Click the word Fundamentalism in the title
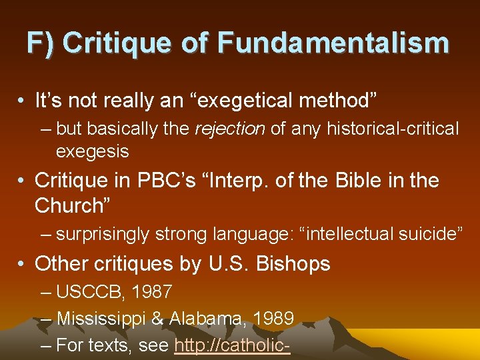coord(333,44)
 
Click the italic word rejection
coord(230,129)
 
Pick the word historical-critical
coord(393,129)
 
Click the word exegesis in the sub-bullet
coord(92,151)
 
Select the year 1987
coord(153,291)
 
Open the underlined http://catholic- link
coord(232,346)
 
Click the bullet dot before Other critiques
coord(23,264)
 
